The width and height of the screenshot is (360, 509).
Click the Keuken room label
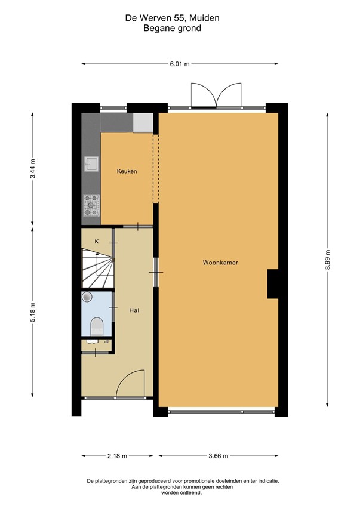pyautogui.click(x=127, y=171)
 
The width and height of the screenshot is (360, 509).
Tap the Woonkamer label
pyautogui.click(x=220, y=263)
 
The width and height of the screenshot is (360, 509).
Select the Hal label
pyautogui.click(x=134, y=310)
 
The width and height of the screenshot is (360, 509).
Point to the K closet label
pyautogui.click(x=97, y=242)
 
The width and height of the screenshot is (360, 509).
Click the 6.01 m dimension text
pyautogui.click(x=179, y=64)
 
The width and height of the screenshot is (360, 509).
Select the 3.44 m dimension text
pyautogui.click(x=32, y=169)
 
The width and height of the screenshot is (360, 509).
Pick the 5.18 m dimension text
pyautogui.click(x=32, y=312)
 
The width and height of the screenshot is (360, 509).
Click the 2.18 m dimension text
pyautogui.click(x=117, y=456)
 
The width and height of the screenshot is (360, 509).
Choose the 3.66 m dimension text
pyautogui.click(x=219, y=456)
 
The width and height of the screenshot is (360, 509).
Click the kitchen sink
pyautogui.click(x=91, y=164)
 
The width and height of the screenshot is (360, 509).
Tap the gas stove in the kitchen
pyautogui.click(x=91, y=205)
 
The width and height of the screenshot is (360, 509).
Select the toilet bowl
pyautogui.click(x=97, y=326)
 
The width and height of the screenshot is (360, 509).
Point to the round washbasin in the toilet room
pyautogui.click(x=87, y=297)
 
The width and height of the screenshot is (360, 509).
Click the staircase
pyautogui.click(x=97, y=268)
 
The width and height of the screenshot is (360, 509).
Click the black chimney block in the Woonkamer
pyautogui.click(x=273, y=284)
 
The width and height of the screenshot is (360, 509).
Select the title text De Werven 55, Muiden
pyautogui.click(x=172, y=18)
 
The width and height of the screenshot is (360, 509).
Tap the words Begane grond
pyautogui.click(x=172, y=28)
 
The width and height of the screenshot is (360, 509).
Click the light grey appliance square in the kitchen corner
pyautogui.click(x=143, y=123)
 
